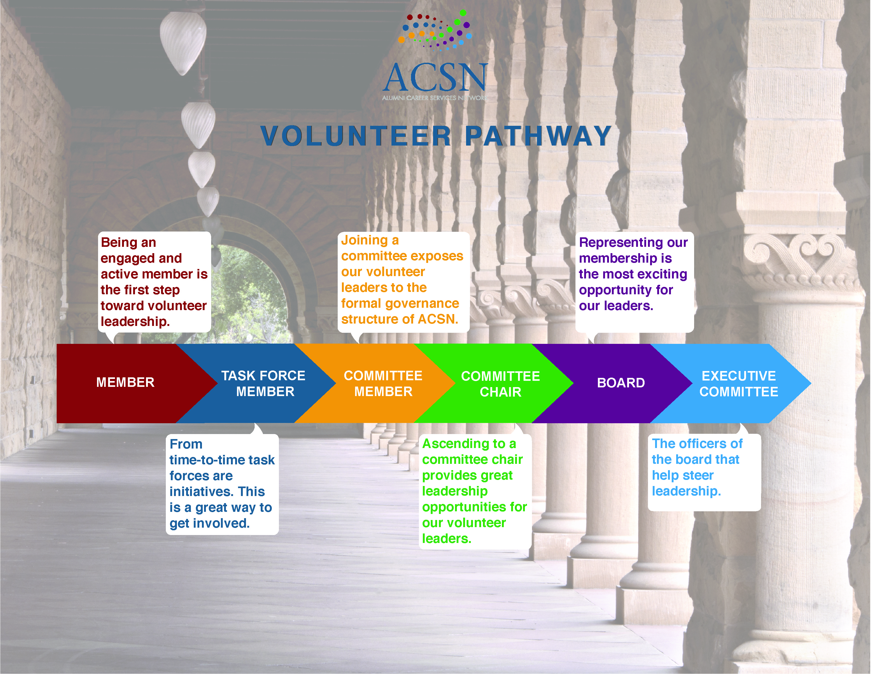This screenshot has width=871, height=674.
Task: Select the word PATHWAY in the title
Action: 538,136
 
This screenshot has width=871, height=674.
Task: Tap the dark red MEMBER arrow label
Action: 125,382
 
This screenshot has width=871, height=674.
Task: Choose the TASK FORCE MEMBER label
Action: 264,383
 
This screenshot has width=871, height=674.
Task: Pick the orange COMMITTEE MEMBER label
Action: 383,383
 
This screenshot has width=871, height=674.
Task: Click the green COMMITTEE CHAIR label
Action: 501,384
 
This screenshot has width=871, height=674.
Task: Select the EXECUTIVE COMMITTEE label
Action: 739,384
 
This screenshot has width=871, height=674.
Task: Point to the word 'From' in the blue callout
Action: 186,444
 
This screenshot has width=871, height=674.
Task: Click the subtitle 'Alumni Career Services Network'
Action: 435,98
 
